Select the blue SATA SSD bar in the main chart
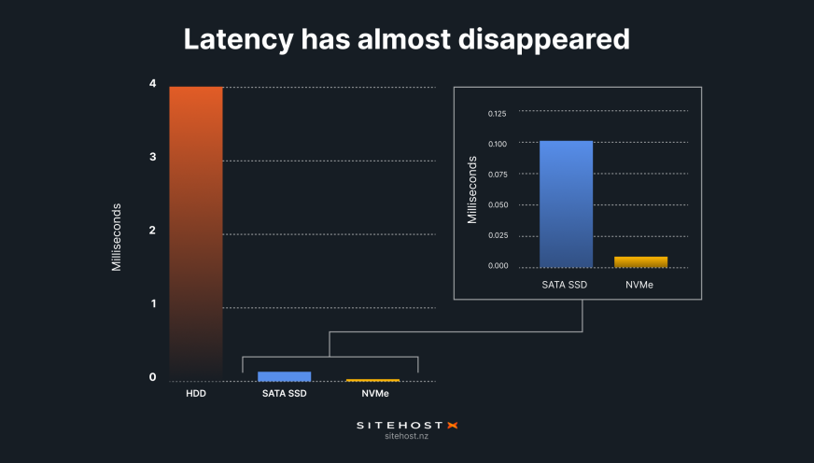[x=285, y=376]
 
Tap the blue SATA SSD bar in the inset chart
[x=566, y=204]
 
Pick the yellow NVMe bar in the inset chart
[x=640, y=261]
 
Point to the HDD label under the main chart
[x=196, y=394]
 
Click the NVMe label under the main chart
[x=374, y=394]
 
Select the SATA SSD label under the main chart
[x=285, y=394]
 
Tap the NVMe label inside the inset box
[x=640, y=283]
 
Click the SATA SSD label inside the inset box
[x=566, y=283]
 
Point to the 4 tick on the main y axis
[x=152, y=84]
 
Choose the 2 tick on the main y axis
[x=152, y=231]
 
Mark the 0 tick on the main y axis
[x=152, y=377]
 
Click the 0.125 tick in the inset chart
[x=497, y=114]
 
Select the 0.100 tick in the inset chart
[x=497, y=144]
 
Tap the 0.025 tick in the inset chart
[x=497, y=235]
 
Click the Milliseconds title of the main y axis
[x=117, y=236]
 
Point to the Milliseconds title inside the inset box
[x=471, y=189]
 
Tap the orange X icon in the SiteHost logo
[x=452, y=425]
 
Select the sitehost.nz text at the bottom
[x=406, y=437]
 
